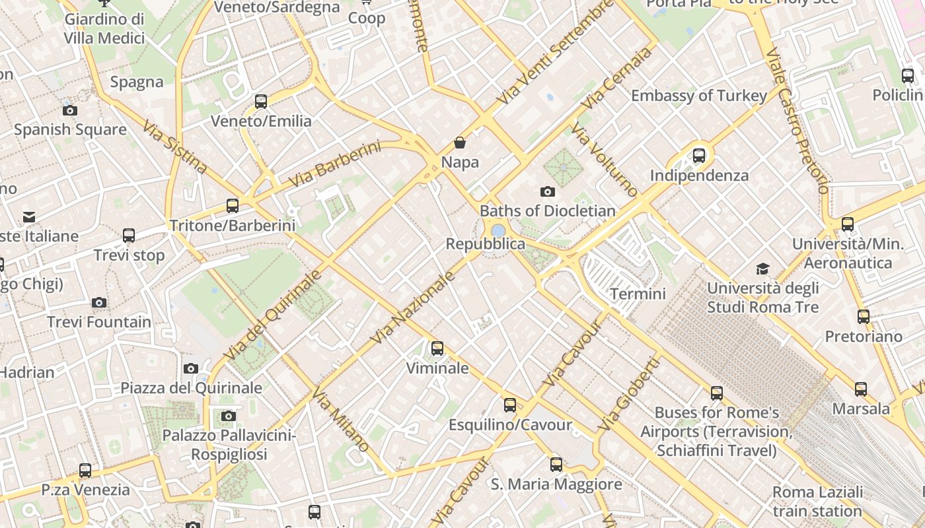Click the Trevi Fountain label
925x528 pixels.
click(99, 322)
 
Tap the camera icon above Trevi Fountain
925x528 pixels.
click(99, 303)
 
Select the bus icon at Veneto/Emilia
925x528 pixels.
click(261, 102)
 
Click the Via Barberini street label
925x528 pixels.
click(335, 164)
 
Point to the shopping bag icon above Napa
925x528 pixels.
click(460, 143)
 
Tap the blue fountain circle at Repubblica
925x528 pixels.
click(498, 230)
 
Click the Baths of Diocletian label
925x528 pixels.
click(548, 211)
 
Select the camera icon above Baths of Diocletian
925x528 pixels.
click(548, 192)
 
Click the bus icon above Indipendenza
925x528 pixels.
click(699, 156)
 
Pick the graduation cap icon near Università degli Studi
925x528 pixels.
click(763, 269)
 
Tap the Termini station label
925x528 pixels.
click(638, 294)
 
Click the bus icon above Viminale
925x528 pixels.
click(437, 348)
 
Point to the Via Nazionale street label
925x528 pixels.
click(413, 308)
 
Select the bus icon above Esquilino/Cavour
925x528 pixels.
click(510, 405)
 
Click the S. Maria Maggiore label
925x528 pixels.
click(556, 484)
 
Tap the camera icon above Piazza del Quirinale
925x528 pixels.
click(191, 368)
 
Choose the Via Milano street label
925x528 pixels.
click(340, 420)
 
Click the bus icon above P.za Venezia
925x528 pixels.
click(85, 471)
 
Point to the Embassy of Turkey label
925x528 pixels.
click(699, 96)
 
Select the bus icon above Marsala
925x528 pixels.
click(861, 389)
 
